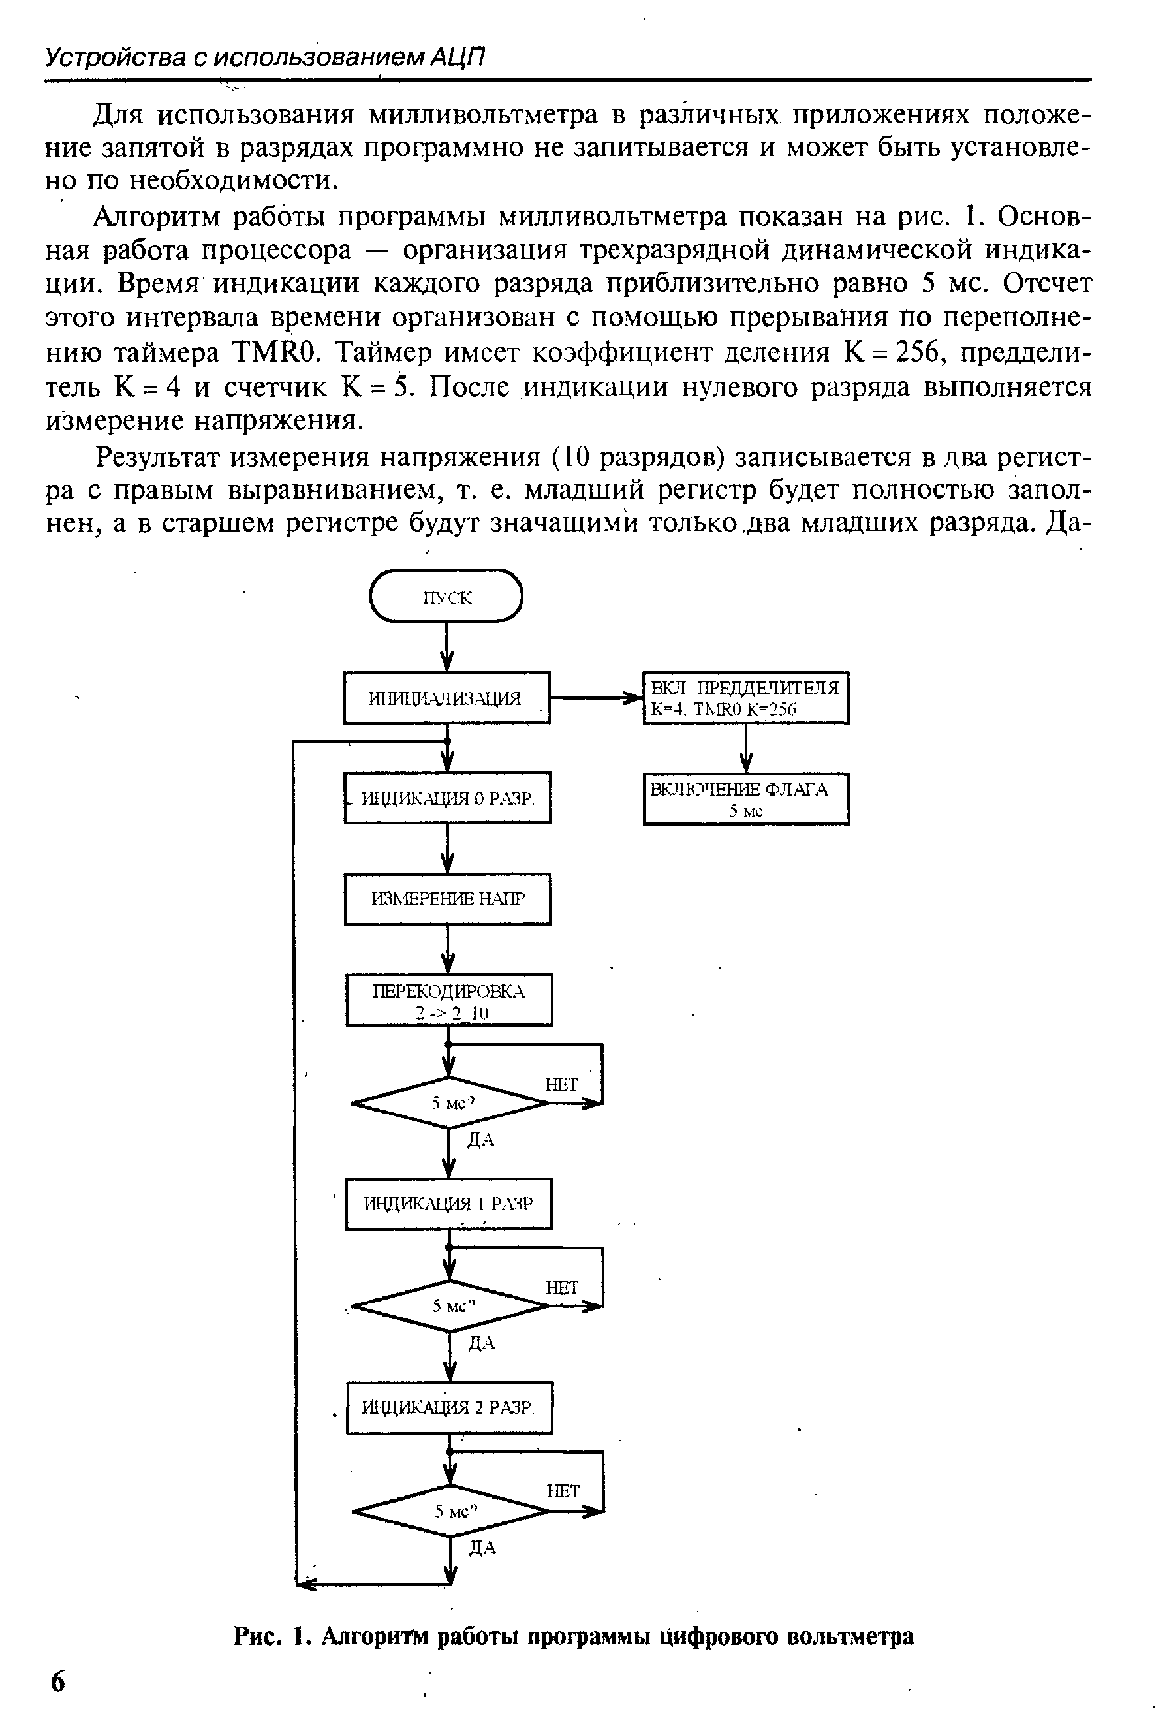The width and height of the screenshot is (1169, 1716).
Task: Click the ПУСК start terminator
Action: point(446,597)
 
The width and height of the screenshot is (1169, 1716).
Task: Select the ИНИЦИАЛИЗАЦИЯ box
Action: point(446,697)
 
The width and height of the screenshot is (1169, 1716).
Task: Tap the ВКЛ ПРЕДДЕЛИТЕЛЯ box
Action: point(746,698)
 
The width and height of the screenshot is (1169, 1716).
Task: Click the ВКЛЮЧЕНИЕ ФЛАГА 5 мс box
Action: point(746,799)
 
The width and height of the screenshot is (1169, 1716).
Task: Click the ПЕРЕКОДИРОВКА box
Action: point(449,1001)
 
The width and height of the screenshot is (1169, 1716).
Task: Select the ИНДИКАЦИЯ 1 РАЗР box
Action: point(448,1204)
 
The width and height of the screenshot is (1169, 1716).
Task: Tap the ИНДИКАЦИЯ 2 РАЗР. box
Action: point(449,1407)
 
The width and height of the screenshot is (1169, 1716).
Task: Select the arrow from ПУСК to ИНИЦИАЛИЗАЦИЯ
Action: point(446,646)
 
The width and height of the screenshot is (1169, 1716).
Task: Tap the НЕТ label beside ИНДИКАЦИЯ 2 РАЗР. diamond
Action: point(563,1490)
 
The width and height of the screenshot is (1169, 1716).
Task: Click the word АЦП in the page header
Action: point(457,57)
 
